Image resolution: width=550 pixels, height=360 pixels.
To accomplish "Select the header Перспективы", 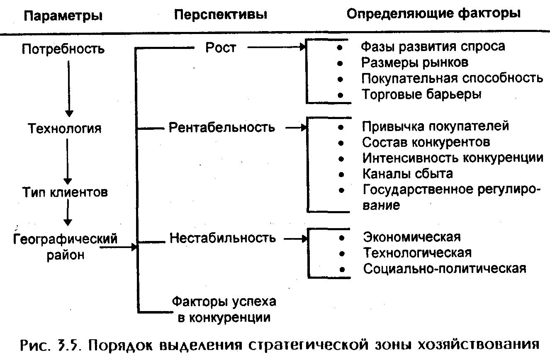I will (220, 15).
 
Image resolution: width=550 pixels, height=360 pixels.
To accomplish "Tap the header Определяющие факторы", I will (433, 14).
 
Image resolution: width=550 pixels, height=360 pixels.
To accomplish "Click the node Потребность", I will (63, 49).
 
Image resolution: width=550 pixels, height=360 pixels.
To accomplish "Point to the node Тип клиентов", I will (65, 192).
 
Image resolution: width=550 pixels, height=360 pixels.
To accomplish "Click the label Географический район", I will (65, 246).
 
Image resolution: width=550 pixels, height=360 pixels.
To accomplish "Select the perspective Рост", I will (220, 48).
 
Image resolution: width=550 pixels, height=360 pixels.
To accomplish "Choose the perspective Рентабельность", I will (221, 127).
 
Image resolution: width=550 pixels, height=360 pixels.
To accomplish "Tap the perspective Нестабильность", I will (222, 238).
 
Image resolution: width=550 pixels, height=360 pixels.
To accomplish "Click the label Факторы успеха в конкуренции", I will (224, 309).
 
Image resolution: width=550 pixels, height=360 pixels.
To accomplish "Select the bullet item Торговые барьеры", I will (421, 94).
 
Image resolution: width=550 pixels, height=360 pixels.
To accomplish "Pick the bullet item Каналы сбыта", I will (408, 173).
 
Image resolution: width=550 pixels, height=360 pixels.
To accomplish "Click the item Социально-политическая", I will (445, 268).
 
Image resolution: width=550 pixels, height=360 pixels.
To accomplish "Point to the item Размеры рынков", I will (415, 62).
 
